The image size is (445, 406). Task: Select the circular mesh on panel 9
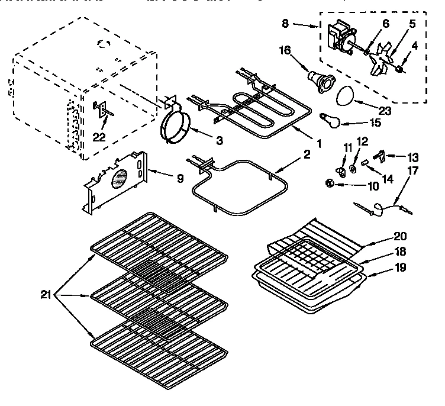120,179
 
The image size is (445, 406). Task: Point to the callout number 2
307,155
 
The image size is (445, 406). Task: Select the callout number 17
409,171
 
